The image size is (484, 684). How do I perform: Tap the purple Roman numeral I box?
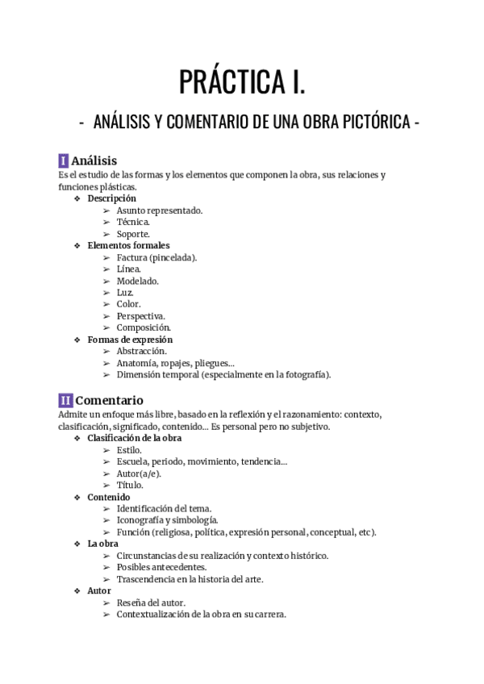click(x=64, y=161)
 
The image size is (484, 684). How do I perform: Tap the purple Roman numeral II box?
click(x=66, y=400)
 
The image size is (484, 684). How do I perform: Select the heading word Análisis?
click(x=94, y=161)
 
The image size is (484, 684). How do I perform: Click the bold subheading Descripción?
click(x=111, y=198)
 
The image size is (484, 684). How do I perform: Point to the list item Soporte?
click(x=133, y=234)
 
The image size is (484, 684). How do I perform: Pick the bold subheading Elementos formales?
click(x=128, y=245)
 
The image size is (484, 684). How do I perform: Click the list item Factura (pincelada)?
click(x=156, y=257)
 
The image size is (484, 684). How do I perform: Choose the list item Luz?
click(x=125, y=293)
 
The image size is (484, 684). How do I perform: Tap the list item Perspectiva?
click(x=141, y=316)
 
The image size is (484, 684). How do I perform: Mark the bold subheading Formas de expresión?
click(x=130, y=340)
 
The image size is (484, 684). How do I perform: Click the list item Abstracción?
click(x=142, y=352)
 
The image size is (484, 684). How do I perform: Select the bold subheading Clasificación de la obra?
click(x=135, y=438)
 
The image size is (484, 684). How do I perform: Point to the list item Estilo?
click(x=129, y=450)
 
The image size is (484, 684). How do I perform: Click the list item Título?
click(x=130, y=486)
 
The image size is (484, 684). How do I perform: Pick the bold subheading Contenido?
click(x=109, y=497)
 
